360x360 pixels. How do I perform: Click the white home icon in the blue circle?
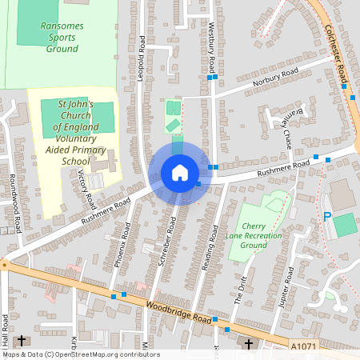(x=179, y=173)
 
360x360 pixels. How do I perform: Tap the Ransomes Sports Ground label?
(x=60, y=37)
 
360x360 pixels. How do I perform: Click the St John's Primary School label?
(x=76, y=133)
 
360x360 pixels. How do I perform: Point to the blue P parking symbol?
(x=326, y=216)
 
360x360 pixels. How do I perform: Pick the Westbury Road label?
(x=211, y=48)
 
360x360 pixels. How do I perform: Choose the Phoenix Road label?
(x=120, y=248)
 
